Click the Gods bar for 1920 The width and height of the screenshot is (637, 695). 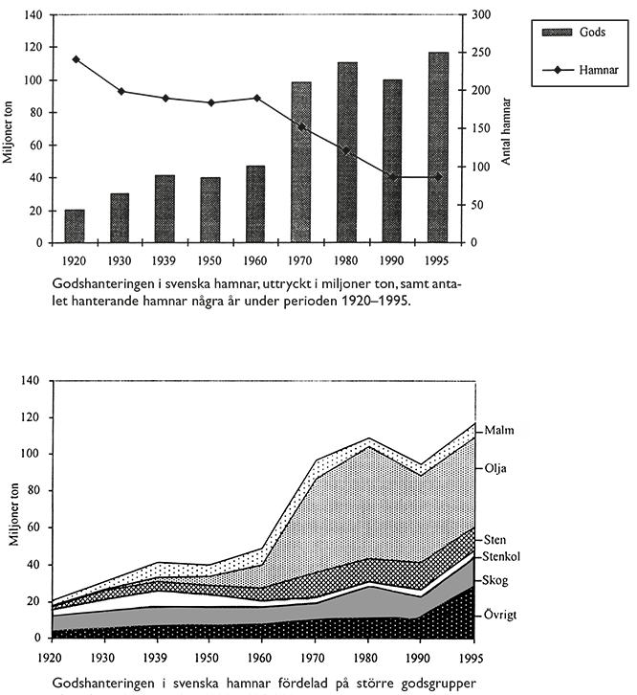(x=75, y=226)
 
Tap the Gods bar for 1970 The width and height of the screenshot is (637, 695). (x=301, y=163)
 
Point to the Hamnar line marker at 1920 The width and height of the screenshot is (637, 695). (x=75, y=59)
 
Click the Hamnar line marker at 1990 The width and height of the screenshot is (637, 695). (x=391, y=177)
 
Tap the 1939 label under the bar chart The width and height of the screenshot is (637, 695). (x=165, y=259)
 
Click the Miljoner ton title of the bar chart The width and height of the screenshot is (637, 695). (x=9, y=129)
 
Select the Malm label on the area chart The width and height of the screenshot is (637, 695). (x=499, y=431)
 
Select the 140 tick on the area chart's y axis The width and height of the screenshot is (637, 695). (x=31, y=381)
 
